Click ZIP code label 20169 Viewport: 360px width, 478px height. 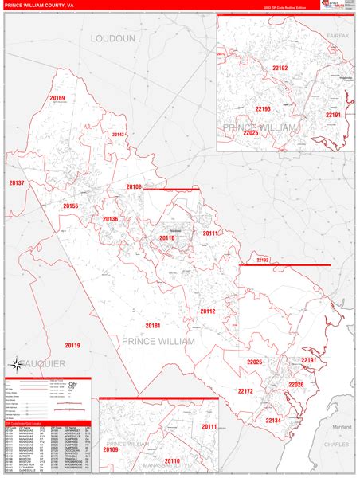[57, 98]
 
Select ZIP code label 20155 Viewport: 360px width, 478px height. [71, 206]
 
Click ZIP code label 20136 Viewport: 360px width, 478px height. [110, 218]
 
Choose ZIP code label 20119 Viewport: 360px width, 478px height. [72, 345]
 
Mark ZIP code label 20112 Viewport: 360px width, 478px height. [207, 311]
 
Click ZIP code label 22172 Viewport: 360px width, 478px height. [245, 391]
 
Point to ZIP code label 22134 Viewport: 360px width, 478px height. [273, 420]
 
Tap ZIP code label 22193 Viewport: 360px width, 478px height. [263, 108]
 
